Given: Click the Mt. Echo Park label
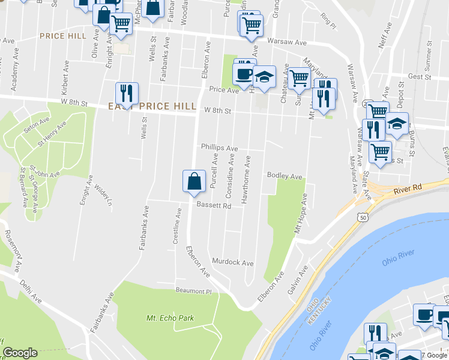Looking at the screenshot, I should [170, 318].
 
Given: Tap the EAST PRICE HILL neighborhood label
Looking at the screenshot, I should [152, 106].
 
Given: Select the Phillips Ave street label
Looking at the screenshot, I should [219, 148].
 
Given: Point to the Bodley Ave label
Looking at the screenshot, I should [285, 176].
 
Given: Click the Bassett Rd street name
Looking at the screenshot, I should [214, 206].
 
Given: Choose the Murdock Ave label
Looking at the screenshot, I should [233, 263].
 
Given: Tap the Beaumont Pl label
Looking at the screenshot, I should [194, 291].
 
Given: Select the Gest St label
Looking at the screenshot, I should [420, 77].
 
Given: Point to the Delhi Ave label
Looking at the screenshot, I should [31, 290].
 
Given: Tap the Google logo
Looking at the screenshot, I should [20, 353].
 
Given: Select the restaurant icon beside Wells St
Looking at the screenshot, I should [127, 94].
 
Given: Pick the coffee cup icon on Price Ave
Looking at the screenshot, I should [244, 75].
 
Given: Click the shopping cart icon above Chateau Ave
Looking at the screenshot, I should [299, 77].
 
